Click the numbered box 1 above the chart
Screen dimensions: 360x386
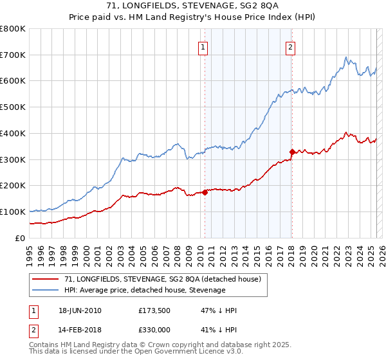(203, 46)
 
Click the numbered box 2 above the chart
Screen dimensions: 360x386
(291, 46)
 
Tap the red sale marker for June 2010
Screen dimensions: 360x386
(205, 192)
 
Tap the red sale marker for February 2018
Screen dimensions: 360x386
(292, 152)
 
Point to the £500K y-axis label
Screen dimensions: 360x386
(13, 107)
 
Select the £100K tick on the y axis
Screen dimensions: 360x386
(13, 212)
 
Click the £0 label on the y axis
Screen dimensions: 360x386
(20, 238)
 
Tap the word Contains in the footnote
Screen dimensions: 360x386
(44, 345)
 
